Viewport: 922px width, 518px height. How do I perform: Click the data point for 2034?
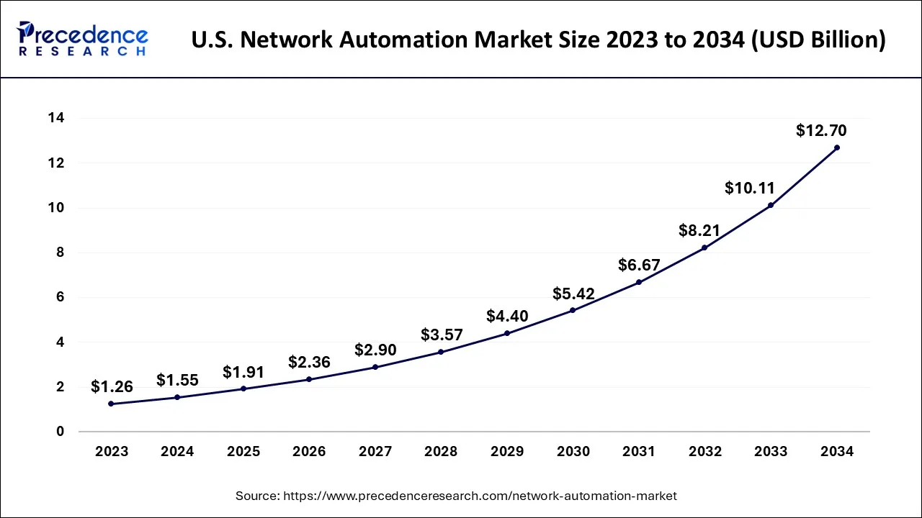[x=836, y=147]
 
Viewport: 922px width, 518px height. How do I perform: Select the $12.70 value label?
[x=821, y=131]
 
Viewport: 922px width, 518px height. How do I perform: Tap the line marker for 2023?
[x=111, y=404]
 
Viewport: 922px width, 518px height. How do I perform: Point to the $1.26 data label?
[x=112, y=387]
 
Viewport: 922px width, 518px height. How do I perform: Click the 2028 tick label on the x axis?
[x=441, y=452]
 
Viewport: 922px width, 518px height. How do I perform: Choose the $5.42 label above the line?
[x=573, y=294]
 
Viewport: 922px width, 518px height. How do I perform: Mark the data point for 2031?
[x=639, y=282]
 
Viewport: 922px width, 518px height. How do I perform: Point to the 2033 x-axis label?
[x=771, y=452]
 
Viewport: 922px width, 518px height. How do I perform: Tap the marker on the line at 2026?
[x=309, y=379]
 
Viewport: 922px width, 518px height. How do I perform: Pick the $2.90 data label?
[x=375, y=350]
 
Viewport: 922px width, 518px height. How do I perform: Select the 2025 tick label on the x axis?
[x=243, y=452]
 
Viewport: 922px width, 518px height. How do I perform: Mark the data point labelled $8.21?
[x=704, y=247]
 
